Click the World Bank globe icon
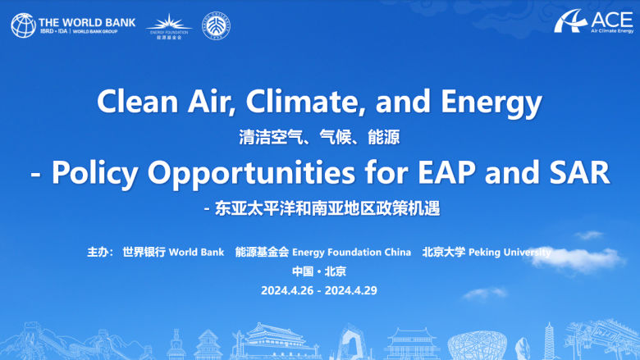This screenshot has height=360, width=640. [x=25, y=25]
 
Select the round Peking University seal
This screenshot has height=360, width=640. [x=217, y=25]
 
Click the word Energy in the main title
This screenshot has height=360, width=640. [x=493, y=103]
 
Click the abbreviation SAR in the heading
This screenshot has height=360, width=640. [x=579, y=173]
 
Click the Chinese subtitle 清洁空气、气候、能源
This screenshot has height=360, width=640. [x=319, y=137]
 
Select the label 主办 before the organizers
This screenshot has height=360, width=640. [x=98, y=252]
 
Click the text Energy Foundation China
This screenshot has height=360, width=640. [x=351, y=252]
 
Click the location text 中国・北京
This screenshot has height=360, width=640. [x=319, y=271]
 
